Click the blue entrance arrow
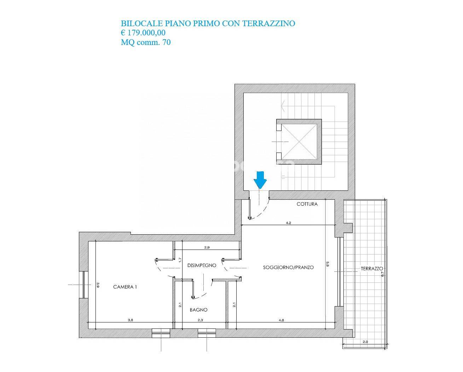[260, 180]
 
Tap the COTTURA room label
[307, 204]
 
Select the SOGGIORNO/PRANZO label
[288, 267]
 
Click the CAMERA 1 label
[125, 287]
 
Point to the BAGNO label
[198, 310]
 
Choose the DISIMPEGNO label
[202, 265]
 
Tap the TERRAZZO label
[372, 269]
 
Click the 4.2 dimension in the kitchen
[288, 223]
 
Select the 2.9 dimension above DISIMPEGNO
[207, 247]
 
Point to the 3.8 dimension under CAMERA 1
[131, 320]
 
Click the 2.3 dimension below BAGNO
[200, 320]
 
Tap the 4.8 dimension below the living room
[281, 320]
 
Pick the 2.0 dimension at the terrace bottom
[365, 342]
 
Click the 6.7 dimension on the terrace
[382, 274]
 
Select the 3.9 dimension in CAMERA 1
[98, 285]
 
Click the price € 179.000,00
[143, 33]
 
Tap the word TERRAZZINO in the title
[269, 23]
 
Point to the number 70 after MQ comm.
[167, 42]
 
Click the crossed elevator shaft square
[299, 142]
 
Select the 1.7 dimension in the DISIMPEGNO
[180, 260]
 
